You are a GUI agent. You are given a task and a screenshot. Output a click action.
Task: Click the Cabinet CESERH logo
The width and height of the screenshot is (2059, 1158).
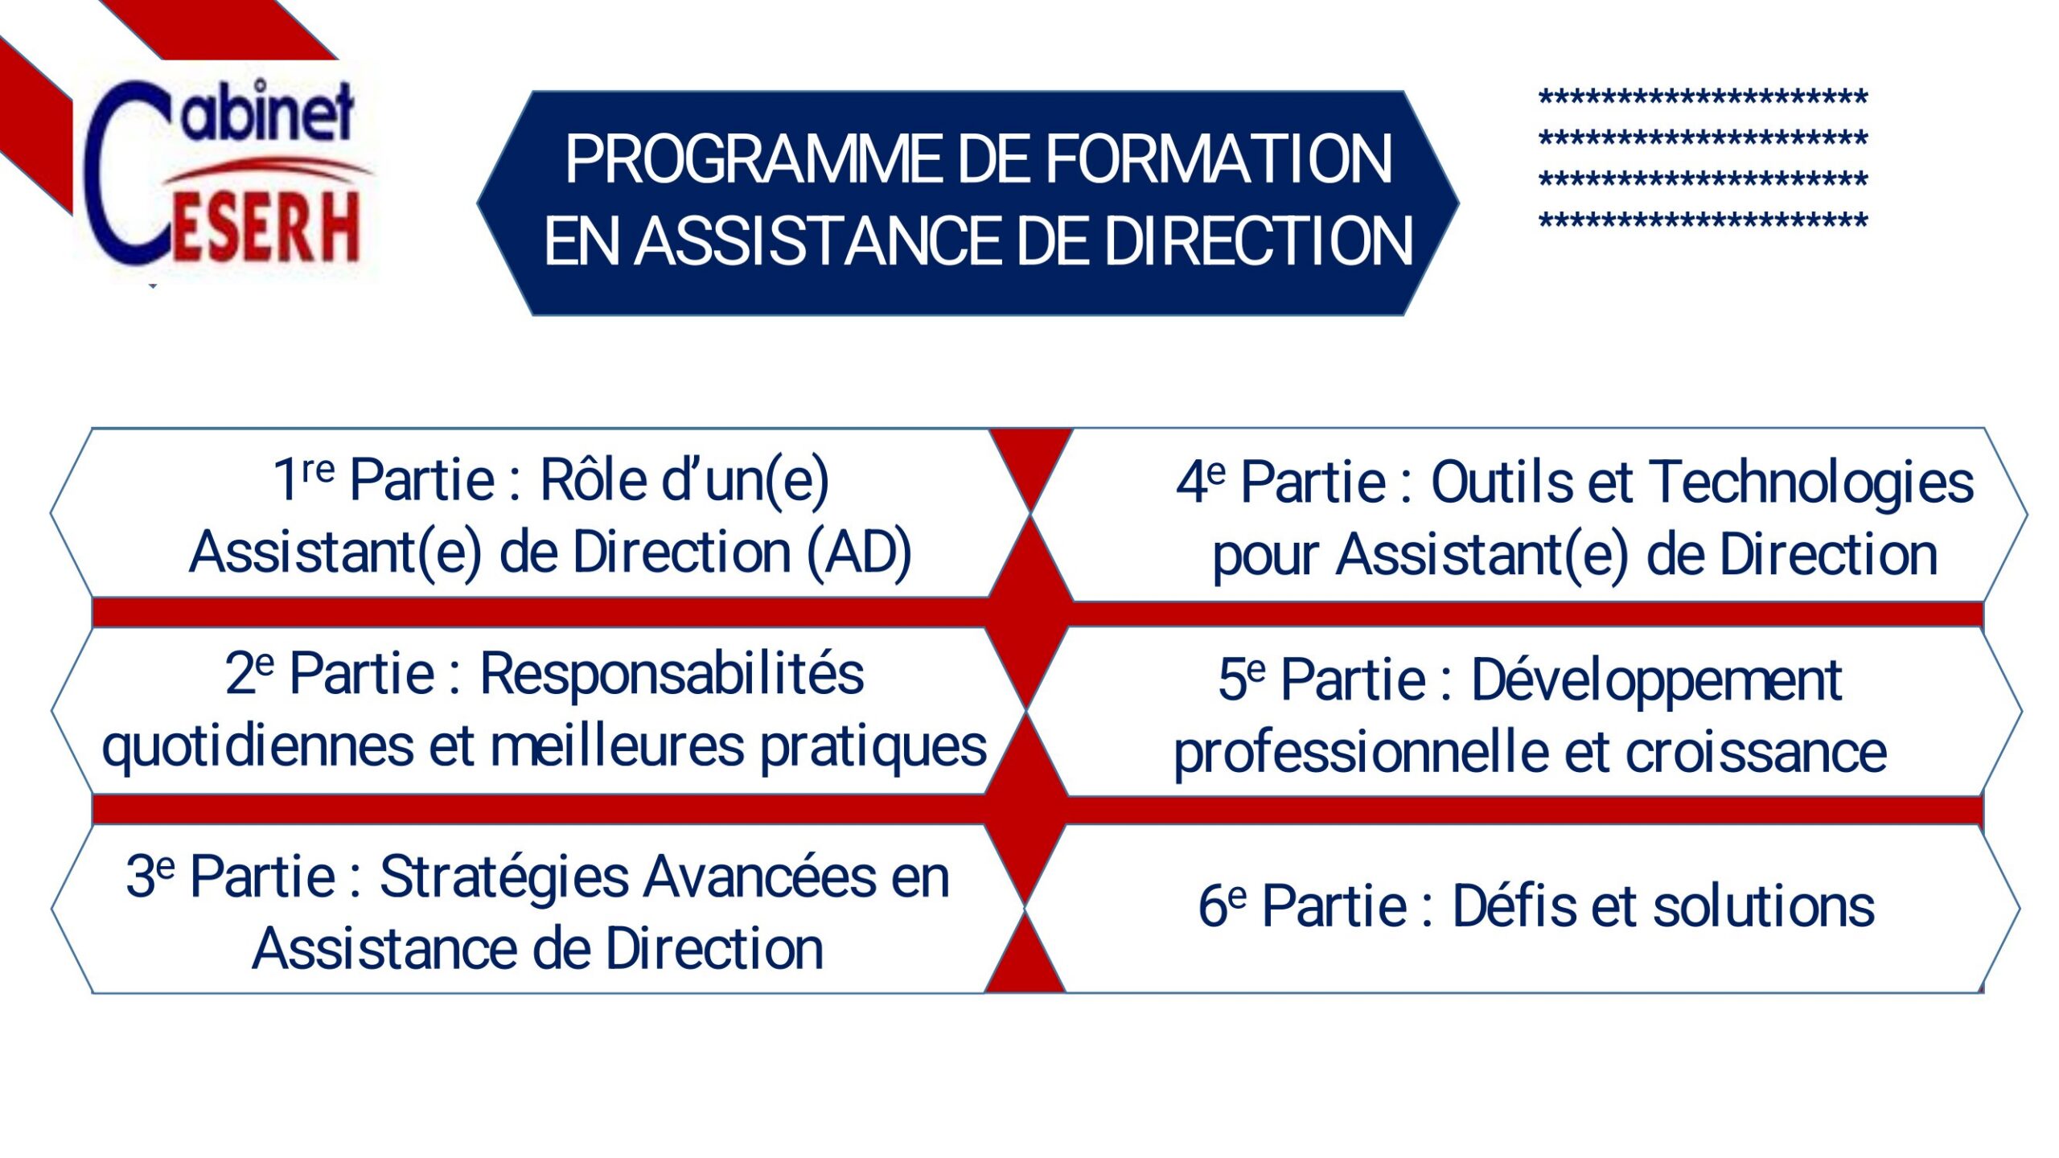click(225, 173)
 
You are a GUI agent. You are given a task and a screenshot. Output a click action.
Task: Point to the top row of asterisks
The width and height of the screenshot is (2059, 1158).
click(1703, 99)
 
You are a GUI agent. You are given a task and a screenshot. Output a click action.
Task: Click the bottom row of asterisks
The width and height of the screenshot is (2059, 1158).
click(1703, 221)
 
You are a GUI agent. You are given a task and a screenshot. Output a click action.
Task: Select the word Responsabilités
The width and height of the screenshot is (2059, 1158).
click(672, 674)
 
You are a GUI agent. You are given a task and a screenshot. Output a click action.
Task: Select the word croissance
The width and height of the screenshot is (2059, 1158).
click(1757, 753)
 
